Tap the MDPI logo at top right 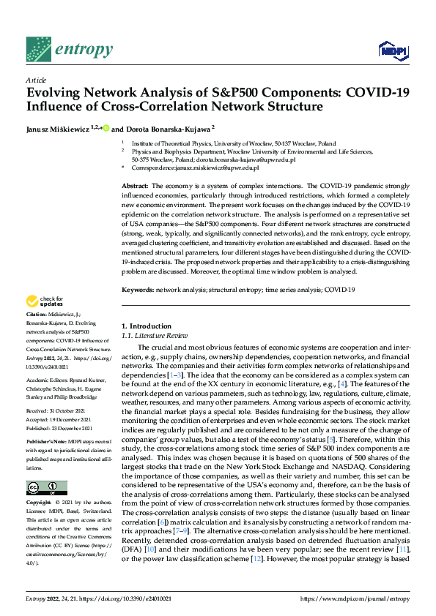click(392, 50)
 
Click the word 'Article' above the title click(35, 80)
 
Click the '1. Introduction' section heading click(145, 326)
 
